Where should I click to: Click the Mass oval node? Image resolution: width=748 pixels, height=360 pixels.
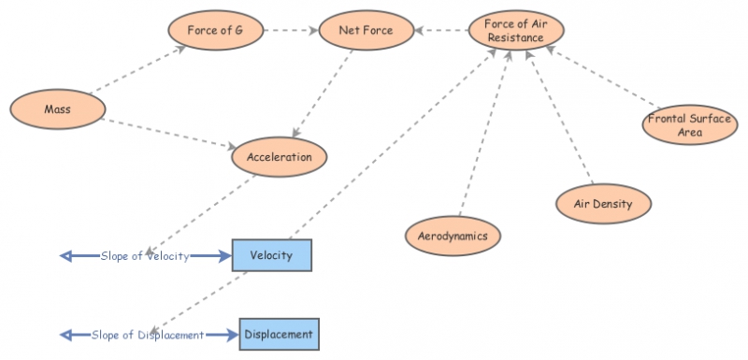pos(57,109)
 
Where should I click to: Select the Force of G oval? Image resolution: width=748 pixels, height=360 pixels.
pos(215,31)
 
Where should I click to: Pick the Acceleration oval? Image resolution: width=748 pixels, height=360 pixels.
pos(280,157)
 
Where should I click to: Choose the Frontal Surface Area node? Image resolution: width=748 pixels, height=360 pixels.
pos(689,125)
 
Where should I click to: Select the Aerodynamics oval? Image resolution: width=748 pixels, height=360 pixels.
pos(453,236)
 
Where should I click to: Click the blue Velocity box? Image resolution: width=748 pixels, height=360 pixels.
pos(271,255)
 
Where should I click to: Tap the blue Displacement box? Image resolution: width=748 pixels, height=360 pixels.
pos(279,334)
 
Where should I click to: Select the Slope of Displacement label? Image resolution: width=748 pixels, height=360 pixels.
pos(148,335)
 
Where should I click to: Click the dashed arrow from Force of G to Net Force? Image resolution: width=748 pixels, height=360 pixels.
pos(290,31)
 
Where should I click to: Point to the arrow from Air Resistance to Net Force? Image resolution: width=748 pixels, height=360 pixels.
pos(440,31)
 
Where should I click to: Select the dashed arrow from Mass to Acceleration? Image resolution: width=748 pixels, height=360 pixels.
pos(168,133)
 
